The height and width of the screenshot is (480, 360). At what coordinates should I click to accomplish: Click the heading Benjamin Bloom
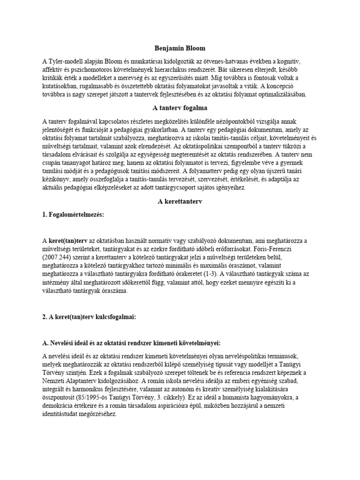[x=180, y=48]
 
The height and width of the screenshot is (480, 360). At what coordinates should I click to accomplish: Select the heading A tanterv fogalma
[x=180, y=107]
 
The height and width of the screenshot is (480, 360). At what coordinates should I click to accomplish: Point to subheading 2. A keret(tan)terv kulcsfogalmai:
[x=89, y=316]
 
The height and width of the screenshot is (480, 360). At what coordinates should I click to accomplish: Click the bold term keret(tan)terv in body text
[x=72, y=240]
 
